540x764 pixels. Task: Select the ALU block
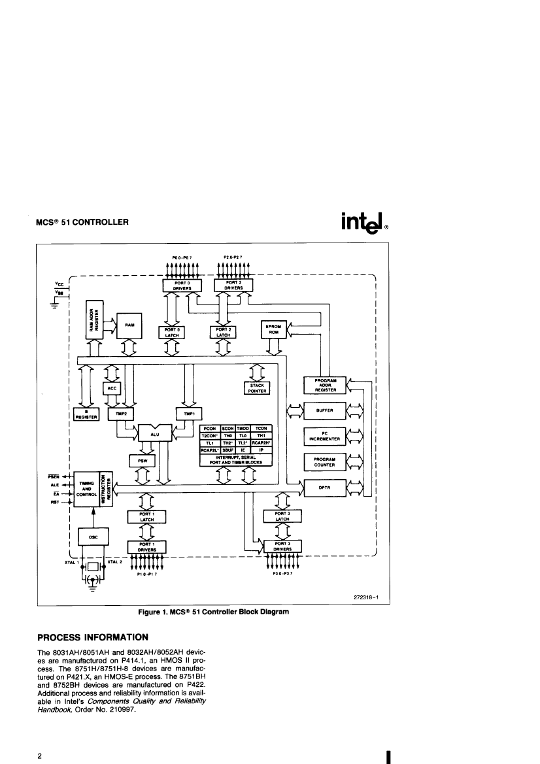pyautogui.click(x=154, y=432)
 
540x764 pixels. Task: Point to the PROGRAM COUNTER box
pyautogui.click(x=326, y=462)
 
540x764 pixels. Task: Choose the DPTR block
pyautogui.click(x=326, y=488)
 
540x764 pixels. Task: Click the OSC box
pyautogui.click(x=93, y=537)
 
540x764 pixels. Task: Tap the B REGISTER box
pyautogui.click(x=82, y=414)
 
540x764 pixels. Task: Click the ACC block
pyautogui.click(x=111, y=388)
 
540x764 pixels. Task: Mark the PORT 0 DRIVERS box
pyautogui.click(x=182, y=286)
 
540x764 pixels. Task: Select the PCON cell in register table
pyautogui.click(x=210, y=427)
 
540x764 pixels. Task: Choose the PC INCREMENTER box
pyautogui.click(x=326, y=437)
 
